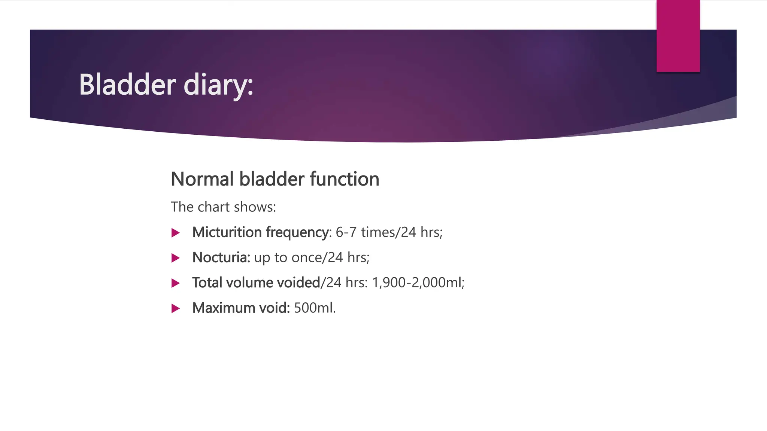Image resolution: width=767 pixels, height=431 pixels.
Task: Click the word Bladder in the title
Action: coord(127,85)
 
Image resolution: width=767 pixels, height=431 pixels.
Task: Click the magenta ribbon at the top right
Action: coord(678,36)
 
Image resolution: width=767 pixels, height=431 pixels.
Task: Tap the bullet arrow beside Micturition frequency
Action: coord(175,233)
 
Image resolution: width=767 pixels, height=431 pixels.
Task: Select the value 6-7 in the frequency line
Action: coord(346,232)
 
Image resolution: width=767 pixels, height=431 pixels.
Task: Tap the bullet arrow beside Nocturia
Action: coord(175,258)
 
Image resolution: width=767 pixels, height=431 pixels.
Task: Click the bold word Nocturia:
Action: coord(221,257)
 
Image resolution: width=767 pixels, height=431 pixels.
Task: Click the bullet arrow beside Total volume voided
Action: coord(175,283)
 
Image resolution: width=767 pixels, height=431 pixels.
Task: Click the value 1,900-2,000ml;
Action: coord(418,282)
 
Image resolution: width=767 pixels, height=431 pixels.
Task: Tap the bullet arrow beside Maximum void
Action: coord(175,308)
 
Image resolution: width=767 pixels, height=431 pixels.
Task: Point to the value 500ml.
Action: coord(315,308)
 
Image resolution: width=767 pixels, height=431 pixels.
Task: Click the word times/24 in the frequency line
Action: coord(388,232)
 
